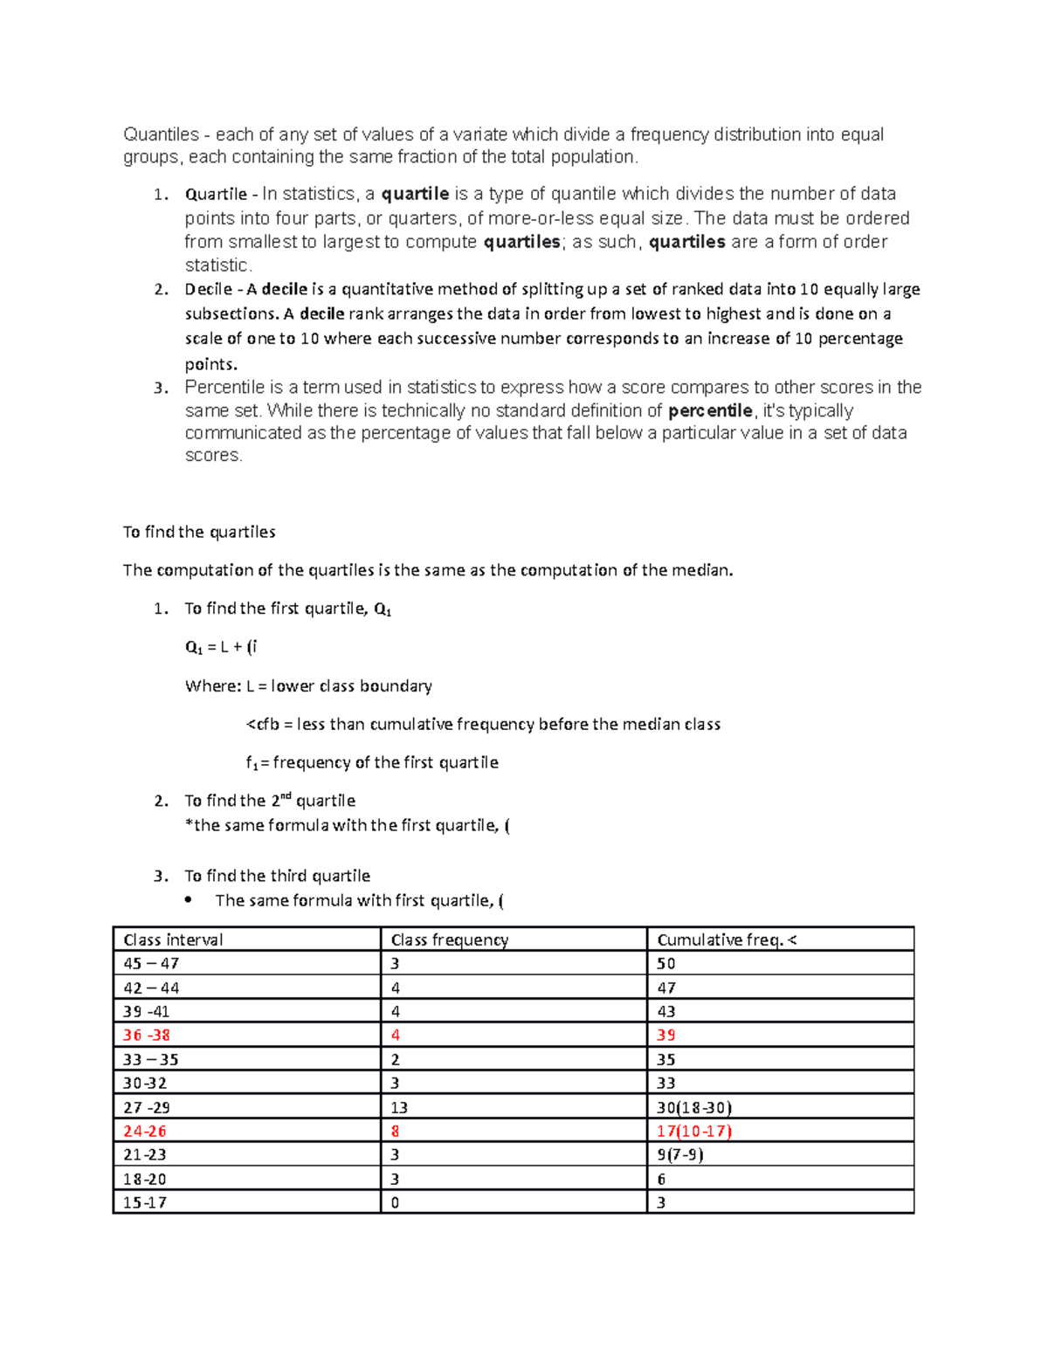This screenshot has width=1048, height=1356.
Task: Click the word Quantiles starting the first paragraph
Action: (162, 134)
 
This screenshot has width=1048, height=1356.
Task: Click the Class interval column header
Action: (173, 940)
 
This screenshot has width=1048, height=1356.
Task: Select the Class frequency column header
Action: (449, 940)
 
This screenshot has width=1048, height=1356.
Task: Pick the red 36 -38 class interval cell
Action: (147, 1035)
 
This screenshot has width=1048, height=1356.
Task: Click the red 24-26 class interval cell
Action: (145, 1131)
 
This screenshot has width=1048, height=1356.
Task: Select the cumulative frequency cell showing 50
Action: (666, 963)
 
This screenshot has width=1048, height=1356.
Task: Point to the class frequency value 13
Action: (399, 1107)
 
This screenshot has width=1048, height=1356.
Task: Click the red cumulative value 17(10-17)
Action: (694, 1131)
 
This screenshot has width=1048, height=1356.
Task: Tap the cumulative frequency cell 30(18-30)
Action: (694, 1107)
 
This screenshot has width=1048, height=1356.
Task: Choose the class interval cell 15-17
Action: (145, 1202)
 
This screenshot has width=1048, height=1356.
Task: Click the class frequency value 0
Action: (395, 1202)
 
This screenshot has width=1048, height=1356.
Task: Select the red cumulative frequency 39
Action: (666, 1035)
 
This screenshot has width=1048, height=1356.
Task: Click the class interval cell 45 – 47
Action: (151, 963)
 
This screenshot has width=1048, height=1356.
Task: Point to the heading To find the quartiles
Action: (199, 532)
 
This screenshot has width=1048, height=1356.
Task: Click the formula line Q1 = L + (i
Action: (221, 647)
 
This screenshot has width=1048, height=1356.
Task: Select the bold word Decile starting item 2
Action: (208, 289)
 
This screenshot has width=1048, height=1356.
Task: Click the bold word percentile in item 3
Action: (710, 410)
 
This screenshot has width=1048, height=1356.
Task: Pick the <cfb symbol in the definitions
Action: (263, 724)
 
